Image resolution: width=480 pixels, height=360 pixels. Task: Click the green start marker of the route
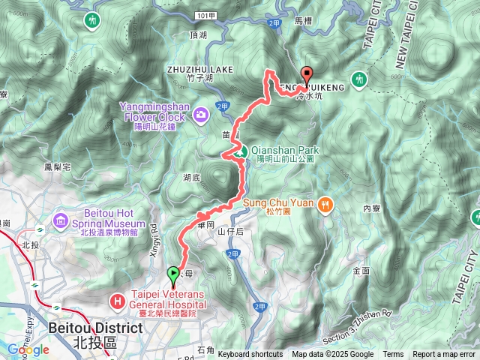pos(174,274)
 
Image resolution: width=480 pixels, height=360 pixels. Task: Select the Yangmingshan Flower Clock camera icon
pos(201,114)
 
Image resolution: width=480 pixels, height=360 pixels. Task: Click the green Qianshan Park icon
pos(238,151)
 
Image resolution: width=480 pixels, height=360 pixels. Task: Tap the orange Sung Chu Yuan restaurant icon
pos(325,202)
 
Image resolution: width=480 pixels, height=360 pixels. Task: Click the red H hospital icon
pos(118,301)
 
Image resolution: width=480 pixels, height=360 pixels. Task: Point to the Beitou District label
pos(94,328)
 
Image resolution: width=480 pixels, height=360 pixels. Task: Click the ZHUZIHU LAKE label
pos(199,69)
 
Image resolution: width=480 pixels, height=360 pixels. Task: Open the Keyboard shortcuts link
pos(250,355)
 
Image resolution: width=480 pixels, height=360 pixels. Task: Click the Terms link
pos(393,355)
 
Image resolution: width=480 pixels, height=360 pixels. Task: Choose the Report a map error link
pos(443,355)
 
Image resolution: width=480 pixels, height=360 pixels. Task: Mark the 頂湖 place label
pos(199,34)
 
